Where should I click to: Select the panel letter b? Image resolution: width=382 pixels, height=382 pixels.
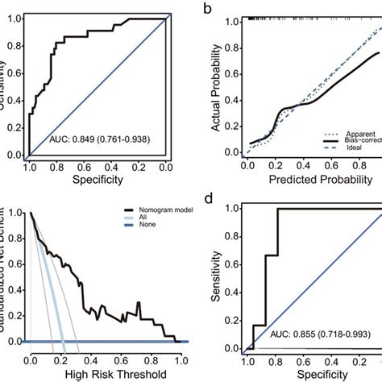pos(208,9)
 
